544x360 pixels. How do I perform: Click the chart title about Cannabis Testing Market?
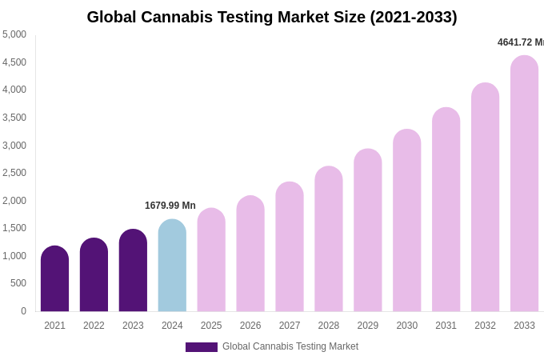[x=272, y=17]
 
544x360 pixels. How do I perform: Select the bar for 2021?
[x=54, y=279]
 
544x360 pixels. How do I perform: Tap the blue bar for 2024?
[x=172, y=266]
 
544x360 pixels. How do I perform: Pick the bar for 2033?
[x=524, y=184]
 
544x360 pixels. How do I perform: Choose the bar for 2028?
[x=328, y=239]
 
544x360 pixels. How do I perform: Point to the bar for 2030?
[x=406, y=221]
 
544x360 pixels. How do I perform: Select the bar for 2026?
[x=250, y=254]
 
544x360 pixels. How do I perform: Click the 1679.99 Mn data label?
[x=170, y=206]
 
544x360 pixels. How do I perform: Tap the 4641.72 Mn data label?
[x=520, y=42]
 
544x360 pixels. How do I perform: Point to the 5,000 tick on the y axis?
[x=14, y=34]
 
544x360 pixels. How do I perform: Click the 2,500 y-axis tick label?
[x=14, y=173]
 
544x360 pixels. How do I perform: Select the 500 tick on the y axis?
[x=18, y=283]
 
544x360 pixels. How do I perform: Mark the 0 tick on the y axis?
[x=23, y=311]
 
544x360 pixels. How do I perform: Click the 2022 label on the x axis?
[x=94, y=326]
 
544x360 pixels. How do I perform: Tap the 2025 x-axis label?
[x=211, y=326]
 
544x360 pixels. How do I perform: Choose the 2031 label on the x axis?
[x=446, y=326]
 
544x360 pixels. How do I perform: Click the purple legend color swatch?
[x=202, y=347]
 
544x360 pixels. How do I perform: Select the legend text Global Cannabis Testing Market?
[x=290, y=346]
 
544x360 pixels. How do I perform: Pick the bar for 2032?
[x=485, y=198]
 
